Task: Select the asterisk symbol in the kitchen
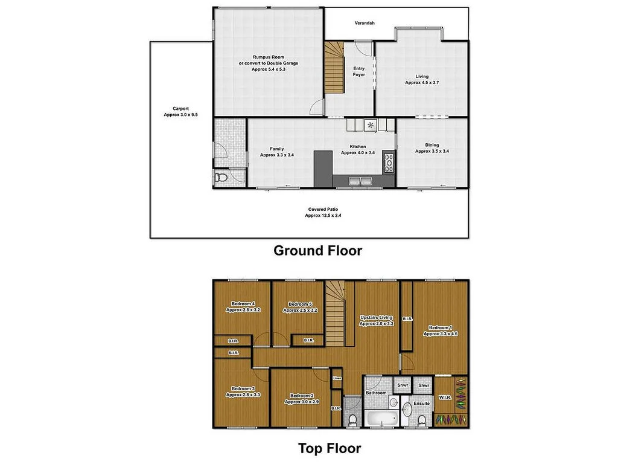[371, 126]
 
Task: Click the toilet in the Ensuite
[421, 419]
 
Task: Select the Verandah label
[365, 23]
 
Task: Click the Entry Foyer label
[359, 72]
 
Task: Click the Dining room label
[432, 148]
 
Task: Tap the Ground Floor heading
[318, 250]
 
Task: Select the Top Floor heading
[330, 448]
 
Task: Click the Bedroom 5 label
[299, 307]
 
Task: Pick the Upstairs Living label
[377, 320]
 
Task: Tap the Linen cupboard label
[337, 379]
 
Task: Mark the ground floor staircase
[334, 68]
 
